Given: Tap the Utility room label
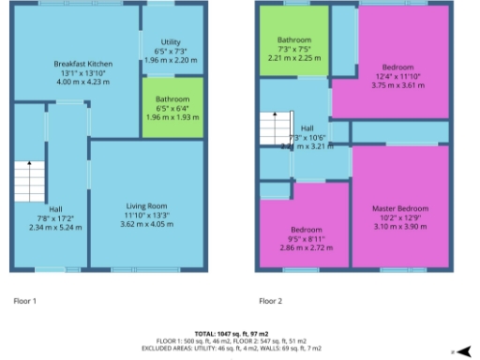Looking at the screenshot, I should (x=171, y=42).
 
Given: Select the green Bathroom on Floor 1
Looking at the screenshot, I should (x=172, y=109).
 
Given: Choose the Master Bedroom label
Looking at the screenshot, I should (x=399, y=207).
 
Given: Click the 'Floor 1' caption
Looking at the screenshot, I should (x=24, y=301).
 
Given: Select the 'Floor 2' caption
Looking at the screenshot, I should (x=270, y=301).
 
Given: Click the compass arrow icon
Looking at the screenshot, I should (x=463, y=351).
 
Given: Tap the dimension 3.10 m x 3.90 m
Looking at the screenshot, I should (x=399, y=226).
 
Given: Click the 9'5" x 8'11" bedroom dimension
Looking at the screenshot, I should (x=307, y=239).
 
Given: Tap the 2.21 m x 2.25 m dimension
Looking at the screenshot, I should (x=293, y=56).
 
